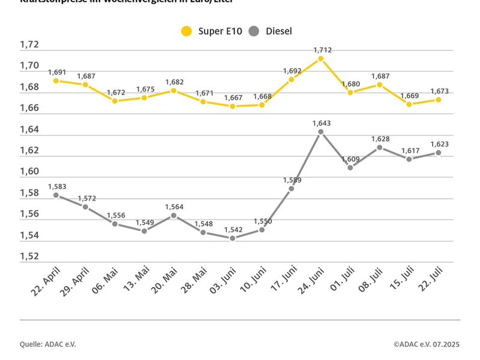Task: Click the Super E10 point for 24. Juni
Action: pos(320,59)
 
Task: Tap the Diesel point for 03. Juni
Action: pos(232,238)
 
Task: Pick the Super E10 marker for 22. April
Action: pos(56,80)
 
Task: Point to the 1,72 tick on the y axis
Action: pos(29,44)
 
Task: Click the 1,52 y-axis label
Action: pos(29,256)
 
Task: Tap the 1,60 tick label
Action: pos(29,172)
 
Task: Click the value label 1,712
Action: pos(322,50)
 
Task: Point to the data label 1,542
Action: pos(233,229)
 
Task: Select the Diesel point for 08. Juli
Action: pos(379,148)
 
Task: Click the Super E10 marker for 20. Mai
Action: pos(173,91)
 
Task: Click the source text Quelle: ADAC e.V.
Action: pos(47,344)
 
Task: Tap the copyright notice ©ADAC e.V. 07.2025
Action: pos(426,344)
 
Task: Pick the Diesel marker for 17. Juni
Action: pos(291,188)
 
